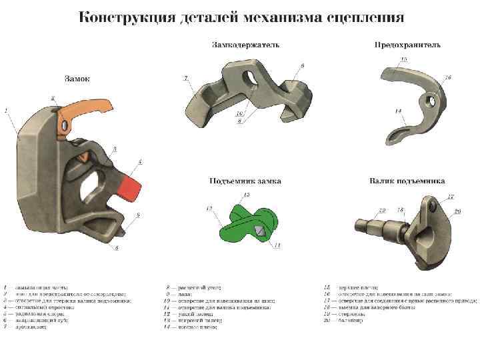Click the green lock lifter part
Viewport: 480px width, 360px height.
[x=247, y=223]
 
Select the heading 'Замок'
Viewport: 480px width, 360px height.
[x=77, y=79]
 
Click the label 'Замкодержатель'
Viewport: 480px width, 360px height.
[x=245, y=45]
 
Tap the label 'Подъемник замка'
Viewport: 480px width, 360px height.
[x=245, y=181]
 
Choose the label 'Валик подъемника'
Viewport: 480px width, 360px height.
[x=407, y=181]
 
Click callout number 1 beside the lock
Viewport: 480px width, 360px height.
[x=6, y=110]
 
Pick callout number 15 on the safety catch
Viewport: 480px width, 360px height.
[x=403, y=59]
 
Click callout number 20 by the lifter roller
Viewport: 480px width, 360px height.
[x=457, y=211]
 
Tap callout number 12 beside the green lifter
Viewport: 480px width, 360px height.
[x=209, y=209]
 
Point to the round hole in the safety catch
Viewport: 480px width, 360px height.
[x=430, y=102]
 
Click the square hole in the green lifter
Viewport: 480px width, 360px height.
[x=259, y=228]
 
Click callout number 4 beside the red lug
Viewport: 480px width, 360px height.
[x=140, y=161]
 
